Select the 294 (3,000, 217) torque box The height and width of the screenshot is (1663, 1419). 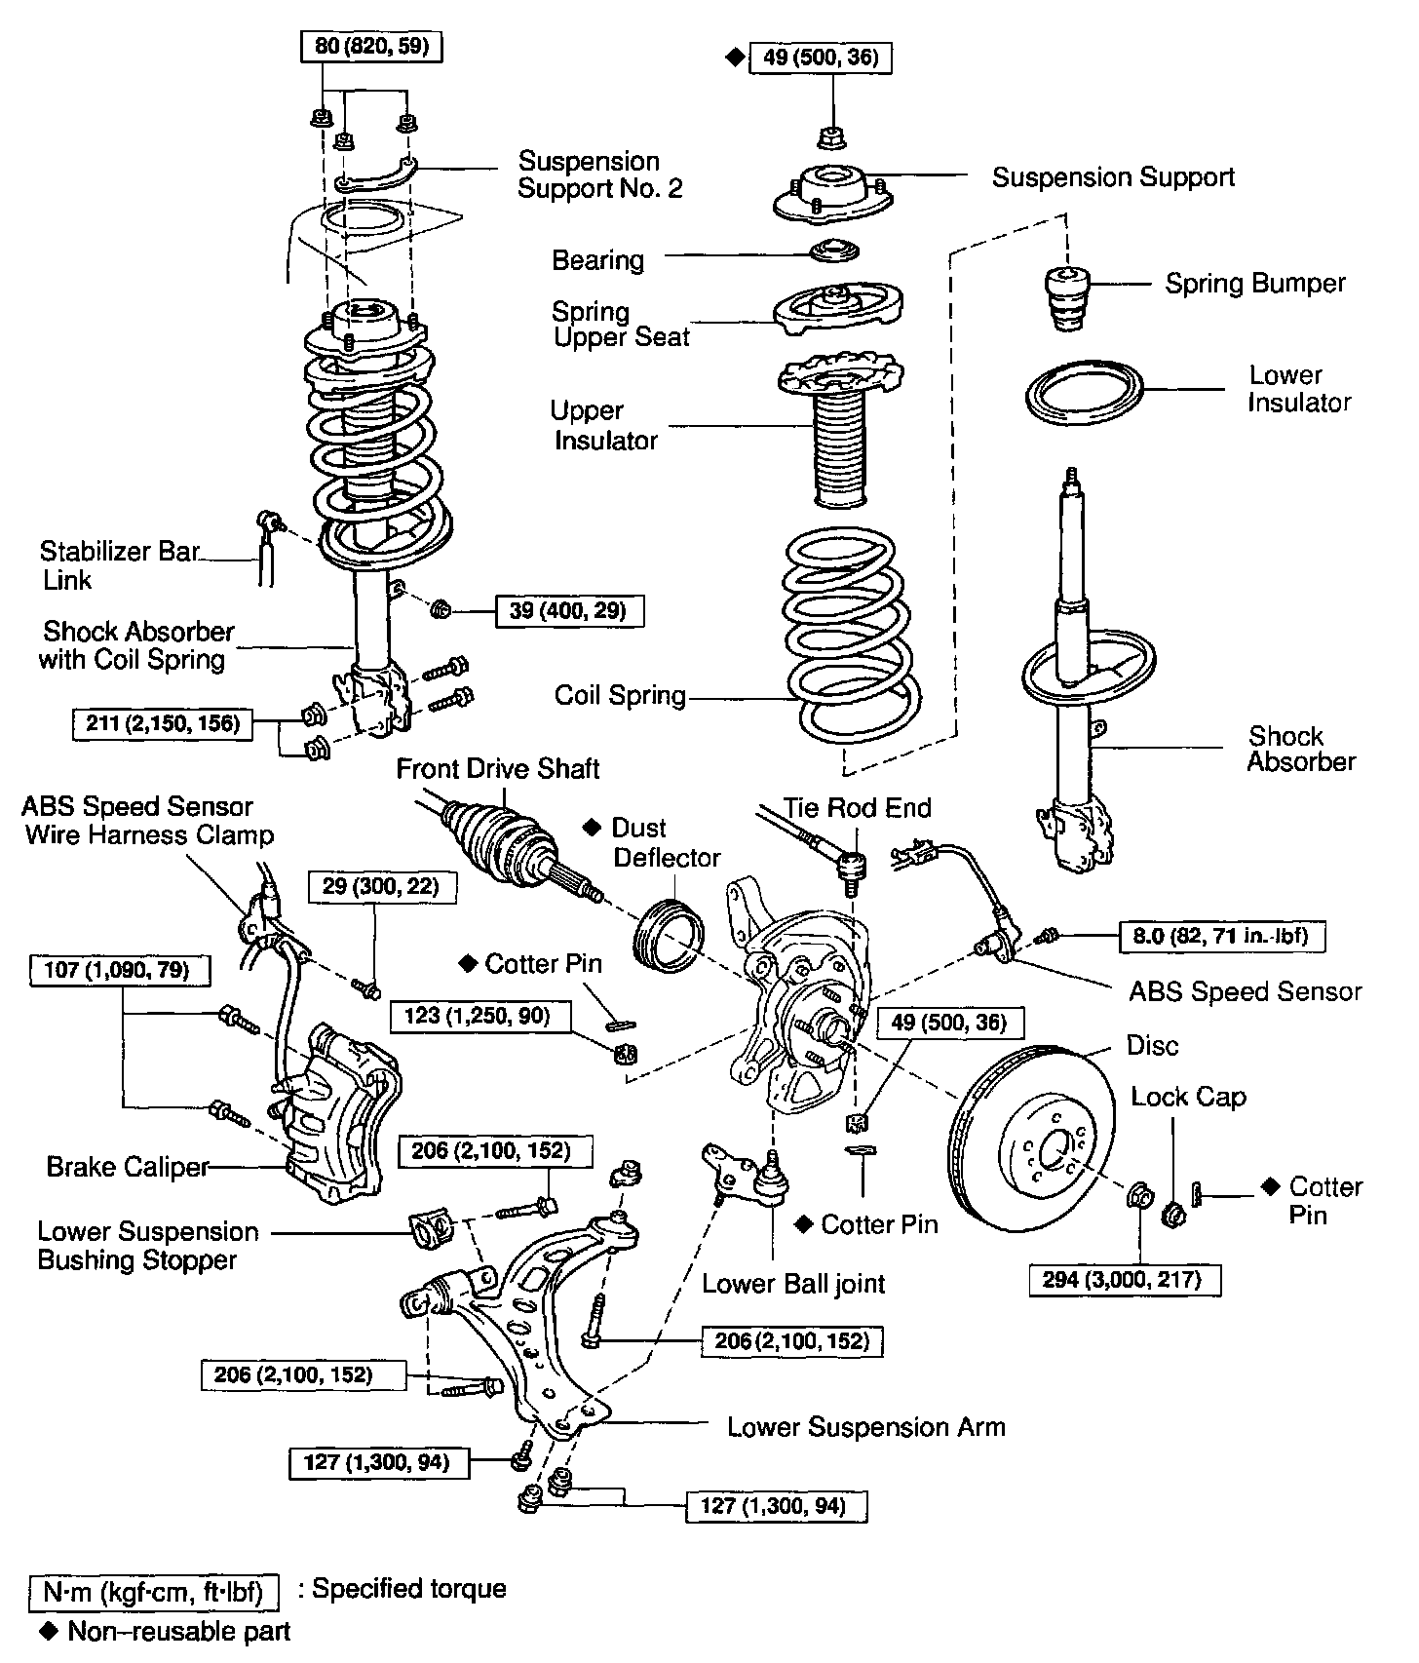1125,1279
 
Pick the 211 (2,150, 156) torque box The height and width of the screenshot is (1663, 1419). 162,723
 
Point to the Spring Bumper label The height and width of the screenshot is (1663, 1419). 1255,284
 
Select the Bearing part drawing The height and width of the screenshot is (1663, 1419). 835,251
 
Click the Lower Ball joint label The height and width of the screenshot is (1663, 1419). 793,1283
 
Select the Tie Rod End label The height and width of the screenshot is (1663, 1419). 858,808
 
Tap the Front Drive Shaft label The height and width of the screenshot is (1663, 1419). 497,769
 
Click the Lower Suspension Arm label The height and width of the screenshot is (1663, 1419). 865,1427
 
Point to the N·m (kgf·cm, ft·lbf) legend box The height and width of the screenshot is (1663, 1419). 154,1593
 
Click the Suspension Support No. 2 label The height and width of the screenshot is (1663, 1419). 599,174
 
